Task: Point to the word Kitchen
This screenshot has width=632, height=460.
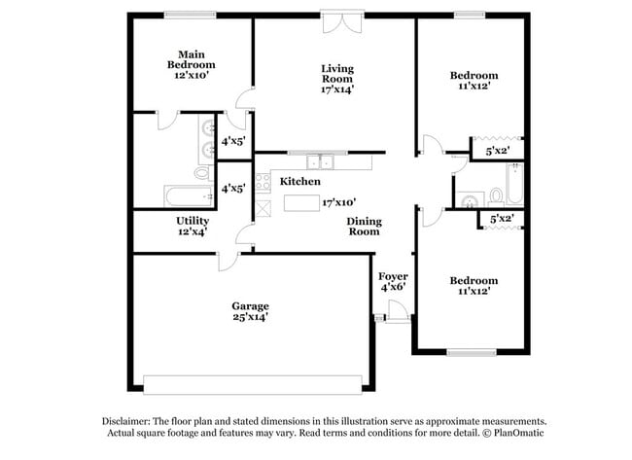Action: [300, 182]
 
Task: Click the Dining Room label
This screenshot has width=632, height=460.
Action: [364, 226]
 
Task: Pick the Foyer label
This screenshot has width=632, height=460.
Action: [393, 276]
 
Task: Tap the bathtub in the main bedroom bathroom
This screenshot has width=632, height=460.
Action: [180, 196]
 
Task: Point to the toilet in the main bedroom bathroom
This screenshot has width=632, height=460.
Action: [202, 174]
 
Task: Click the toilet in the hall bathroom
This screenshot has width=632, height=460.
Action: [469, 201]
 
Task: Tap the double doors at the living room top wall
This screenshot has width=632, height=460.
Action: [343, 22]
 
